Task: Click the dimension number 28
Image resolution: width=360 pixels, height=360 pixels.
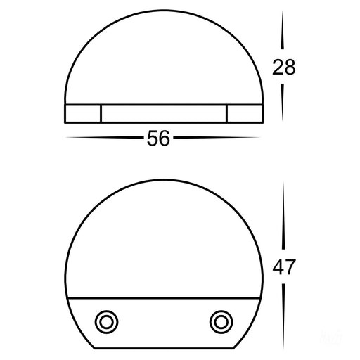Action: pyautogui.click(x=284, y=67)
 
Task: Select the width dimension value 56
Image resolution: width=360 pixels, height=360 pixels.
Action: pyautogui.click(x=158, y=139)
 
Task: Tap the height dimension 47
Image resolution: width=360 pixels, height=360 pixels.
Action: pyautogui.click(x=284, y=267)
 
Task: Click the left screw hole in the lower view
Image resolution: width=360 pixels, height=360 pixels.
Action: pyautogui.click(x=106, y=322)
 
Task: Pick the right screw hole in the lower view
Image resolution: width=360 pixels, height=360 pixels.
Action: pyautogui.click(x=221, y=322)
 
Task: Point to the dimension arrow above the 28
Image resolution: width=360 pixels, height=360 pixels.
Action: pyautogui.click(x=283, y=30)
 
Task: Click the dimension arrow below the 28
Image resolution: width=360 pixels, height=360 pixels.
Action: pyautogui.click(x=283, y=103)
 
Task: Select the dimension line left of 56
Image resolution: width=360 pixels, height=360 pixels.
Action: pyautogui.click(x=105, y=137)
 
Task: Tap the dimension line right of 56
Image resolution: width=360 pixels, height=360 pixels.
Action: pyautogui.click(x=217, y=137)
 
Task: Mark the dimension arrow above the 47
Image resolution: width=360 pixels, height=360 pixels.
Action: pyautogui.click(x=283, y=215)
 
